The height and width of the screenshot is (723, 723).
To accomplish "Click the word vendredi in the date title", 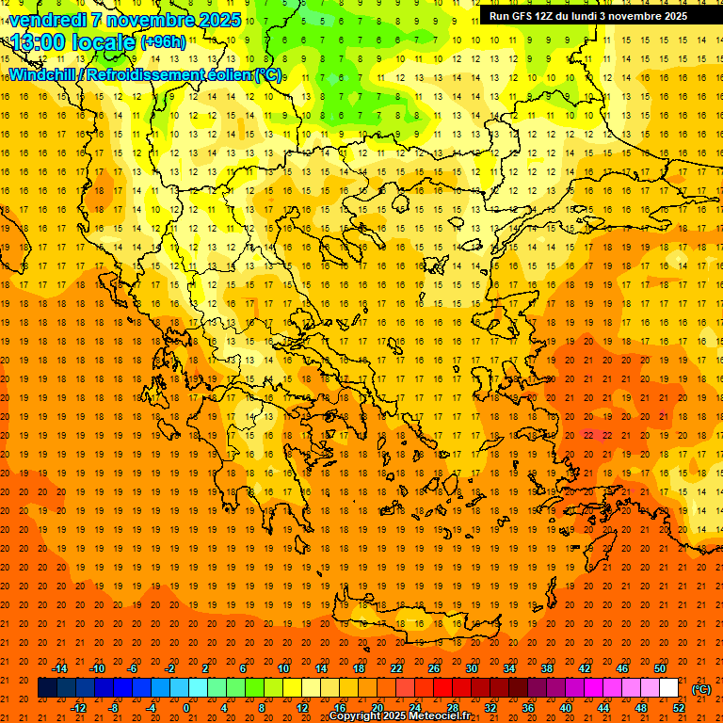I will point(49,20).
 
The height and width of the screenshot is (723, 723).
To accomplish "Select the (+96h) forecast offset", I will point(163,42).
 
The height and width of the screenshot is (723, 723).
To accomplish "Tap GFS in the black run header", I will point(521,16).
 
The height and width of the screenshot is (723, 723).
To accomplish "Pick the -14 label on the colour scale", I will point(60,668).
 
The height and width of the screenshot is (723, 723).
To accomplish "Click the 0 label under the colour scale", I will point(185,708).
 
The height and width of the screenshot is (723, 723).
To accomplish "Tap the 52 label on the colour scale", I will point(679,708).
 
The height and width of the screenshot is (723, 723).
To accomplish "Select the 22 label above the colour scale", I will point(396,668).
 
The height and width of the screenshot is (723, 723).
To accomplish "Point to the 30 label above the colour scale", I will point(472,668).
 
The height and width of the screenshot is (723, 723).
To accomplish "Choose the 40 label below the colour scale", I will point(566,708).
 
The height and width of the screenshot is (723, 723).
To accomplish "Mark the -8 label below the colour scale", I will point(114,708).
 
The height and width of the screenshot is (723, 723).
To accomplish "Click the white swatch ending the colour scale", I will point(668,688).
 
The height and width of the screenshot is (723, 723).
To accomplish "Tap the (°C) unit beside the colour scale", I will point(701,688).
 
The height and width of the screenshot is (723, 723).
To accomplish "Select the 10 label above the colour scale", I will point(283,668).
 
